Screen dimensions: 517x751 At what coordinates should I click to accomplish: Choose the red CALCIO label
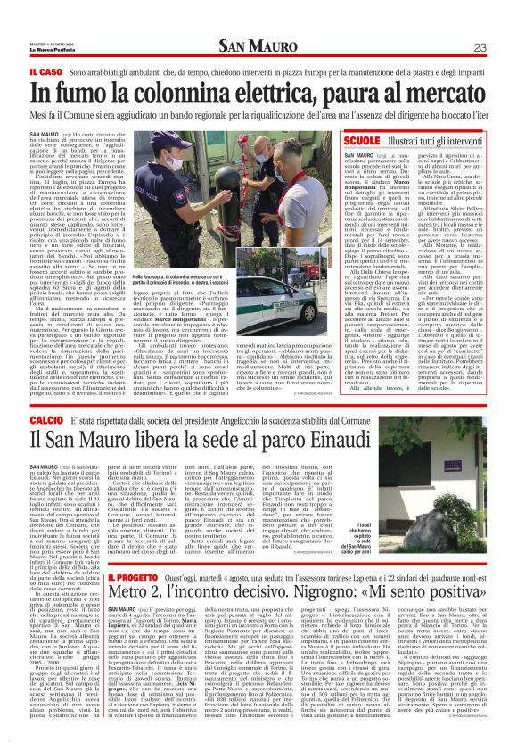(46, 418)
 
